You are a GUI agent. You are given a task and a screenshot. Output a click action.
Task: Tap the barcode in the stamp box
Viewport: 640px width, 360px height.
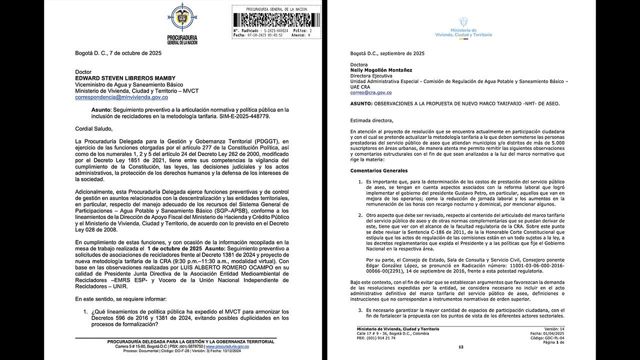[x=276, y=19]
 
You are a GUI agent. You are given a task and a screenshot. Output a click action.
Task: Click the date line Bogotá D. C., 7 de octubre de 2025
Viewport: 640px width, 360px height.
[x=118, y=53]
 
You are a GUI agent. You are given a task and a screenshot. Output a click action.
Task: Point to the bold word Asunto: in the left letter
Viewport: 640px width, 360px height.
[x=101, y=109]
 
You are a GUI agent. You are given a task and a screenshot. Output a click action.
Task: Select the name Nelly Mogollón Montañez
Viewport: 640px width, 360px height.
[x=381, y=70]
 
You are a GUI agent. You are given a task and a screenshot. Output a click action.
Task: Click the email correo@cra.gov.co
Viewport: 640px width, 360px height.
[x=370, y=92]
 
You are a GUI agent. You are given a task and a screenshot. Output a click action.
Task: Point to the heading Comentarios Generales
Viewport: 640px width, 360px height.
[x=379, y=170]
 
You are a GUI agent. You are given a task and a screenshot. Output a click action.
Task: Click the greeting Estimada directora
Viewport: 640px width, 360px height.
[x=371, y=120]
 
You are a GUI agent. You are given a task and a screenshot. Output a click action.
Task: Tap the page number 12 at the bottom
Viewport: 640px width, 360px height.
[x=460, y=346]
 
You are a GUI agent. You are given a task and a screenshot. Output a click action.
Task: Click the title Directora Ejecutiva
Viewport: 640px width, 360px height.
[x=371, y=76]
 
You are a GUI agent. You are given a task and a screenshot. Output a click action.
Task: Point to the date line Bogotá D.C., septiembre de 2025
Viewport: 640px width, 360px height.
[x=387, y=53]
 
